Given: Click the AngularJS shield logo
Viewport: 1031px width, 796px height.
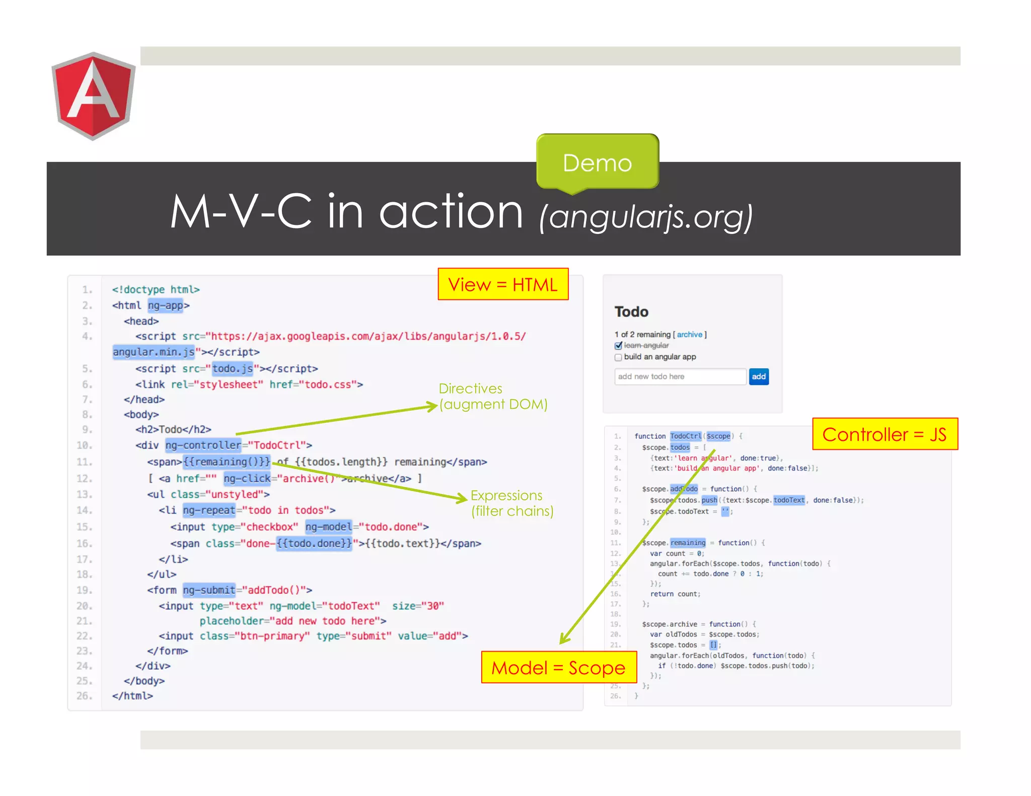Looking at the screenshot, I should (x=94, y=96).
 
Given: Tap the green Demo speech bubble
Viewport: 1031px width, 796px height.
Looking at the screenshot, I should (x=598, y=162).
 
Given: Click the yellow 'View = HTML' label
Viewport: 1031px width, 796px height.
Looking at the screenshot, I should (x=502, y=284).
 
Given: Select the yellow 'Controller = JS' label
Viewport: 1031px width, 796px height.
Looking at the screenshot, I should (x=885, y=434).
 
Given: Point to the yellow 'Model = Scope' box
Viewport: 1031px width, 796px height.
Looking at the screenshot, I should (x=558, y=667).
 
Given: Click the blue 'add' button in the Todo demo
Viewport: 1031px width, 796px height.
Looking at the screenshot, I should (x=758, y=376).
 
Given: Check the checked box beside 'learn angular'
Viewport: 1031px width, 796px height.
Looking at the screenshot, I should (x=618, y=346).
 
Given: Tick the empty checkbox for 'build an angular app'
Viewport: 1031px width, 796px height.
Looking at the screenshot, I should (x=618, y=357).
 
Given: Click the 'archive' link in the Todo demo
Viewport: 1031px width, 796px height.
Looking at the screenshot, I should (x=689, y=335).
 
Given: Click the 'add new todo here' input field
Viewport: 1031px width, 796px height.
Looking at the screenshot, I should (x=680, y=376).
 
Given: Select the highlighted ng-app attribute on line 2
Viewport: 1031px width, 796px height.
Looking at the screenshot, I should (x=165, y=305).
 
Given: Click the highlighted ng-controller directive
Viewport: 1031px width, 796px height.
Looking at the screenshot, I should (x=203, y=445).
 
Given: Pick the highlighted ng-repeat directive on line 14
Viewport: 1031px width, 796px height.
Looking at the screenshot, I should (x=209, y=510).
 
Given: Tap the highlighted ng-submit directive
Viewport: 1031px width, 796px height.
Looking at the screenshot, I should (x=209, y=590).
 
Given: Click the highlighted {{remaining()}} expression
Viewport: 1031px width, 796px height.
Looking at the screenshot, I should (x=227, y=461).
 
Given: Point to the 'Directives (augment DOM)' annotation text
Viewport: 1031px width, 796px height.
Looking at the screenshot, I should (x=492, y=396).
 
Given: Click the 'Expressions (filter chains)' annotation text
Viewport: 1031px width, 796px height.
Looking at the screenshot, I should (x=511, y=503).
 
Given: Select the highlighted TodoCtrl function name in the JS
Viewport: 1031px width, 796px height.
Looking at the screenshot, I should (x=685, y=436).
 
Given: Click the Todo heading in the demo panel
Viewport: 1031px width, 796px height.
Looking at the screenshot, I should (x=631, y=312).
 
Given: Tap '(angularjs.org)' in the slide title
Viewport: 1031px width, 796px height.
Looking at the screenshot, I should (x=645, y=217).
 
